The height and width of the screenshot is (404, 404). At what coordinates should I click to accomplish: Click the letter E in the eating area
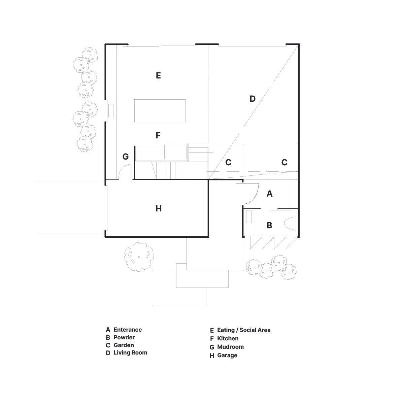click(x=158, y=76)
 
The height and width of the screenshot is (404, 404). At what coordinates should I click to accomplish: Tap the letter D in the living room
click(x=252, y=99)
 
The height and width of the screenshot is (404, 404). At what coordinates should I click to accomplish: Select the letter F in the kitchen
click(x=158, y=136)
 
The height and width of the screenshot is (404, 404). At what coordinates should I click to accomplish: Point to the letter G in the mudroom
click(x=126, y=157)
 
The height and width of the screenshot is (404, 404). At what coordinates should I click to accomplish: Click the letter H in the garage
click(x=159, y=209)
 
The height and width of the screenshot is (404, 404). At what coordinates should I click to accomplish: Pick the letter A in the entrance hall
click(x=269, y=194)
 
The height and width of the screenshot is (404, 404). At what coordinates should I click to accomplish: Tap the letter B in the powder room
click(x=269, y=225)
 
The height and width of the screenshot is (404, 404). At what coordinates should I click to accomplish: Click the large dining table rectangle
click(x=160, y=110)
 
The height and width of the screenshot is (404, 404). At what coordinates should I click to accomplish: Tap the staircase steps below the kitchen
click(x=170, y=170)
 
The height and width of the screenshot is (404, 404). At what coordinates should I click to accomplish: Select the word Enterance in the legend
click(x=128, y=330)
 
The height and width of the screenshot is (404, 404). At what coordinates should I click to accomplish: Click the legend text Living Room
click(x=130, y=353)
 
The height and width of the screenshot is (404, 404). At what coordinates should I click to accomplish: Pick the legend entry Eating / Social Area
click(x=244, y=330)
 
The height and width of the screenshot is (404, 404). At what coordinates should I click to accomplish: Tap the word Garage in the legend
click(x=227, y=356)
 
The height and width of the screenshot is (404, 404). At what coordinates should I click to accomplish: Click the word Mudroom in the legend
click(x=230, y=347)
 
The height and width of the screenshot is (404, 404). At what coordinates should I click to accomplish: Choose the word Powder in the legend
click(x=124, y=338)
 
